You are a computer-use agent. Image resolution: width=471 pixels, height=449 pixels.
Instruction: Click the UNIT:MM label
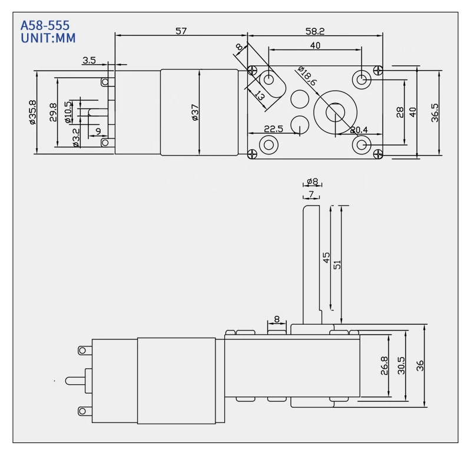(x=48, y=38)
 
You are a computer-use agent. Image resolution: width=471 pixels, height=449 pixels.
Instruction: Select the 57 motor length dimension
(x=181, y=31)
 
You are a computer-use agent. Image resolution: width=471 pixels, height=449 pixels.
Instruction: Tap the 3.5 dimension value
(x=89, y=60)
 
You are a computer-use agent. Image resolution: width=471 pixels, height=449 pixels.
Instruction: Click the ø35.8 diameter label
(x=32, y=112)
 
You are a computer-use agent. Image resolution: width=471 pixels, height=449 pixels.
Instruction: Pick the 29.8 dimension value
(x=53, y=112)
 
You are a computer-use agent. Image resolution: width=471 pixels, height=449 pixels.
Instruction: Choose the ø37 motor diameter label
(x=195, y=112)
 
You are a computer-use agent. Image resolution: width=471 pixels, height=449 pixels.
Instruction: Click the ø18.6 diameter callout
(x=307, y=77)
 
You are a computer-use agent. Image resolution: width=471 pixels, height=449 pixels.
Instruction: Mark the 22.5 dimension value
(x=273, y=129)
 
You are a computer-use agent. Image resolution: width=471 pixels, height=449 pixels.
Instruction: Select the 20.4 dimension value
(x=359, y=130)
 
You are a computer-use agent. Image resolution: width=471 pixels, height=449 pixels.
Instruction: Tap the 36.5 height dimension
(x=434, y=112)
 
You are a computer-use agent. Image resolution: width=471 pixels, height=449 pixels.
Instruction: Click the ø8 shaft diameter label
(x=312, y=182)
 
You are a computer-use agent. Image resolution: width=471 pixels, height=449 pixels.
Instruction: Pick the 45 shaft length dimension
(x=326, y=257)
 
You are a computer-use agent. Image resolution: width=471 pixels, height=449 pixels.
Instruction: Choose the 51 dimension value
(x=337, y=264)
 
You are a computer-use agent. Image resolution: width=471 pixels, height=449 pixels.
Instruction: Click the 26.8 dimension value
(x=384, y=365)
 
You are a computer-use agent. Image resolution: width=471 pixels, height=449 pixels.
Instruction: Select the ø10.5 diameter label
(x=68, y=112)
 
